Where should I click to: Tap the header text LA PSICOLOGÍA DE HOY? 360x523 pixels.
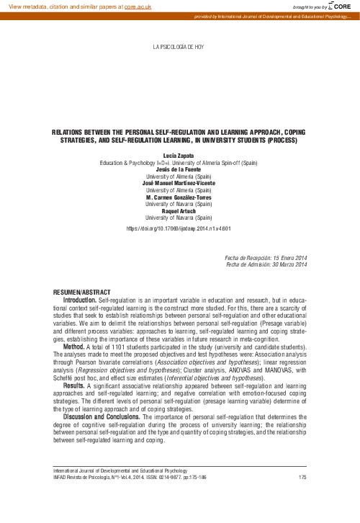[x=179, y=47]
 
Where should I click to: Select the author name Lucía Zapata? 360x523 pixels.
[x=179, y=156]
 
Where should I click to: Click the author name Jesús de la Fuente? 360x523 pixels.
[x=179, y=169]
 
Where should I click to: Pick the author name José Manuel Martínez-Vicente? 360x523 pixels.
[x=179, y=183]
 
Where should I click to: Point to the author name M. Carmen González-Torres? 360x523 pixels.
[x=179, y=197]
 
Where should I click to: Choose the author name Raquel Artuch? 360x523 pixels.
[x=179, y=210]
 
